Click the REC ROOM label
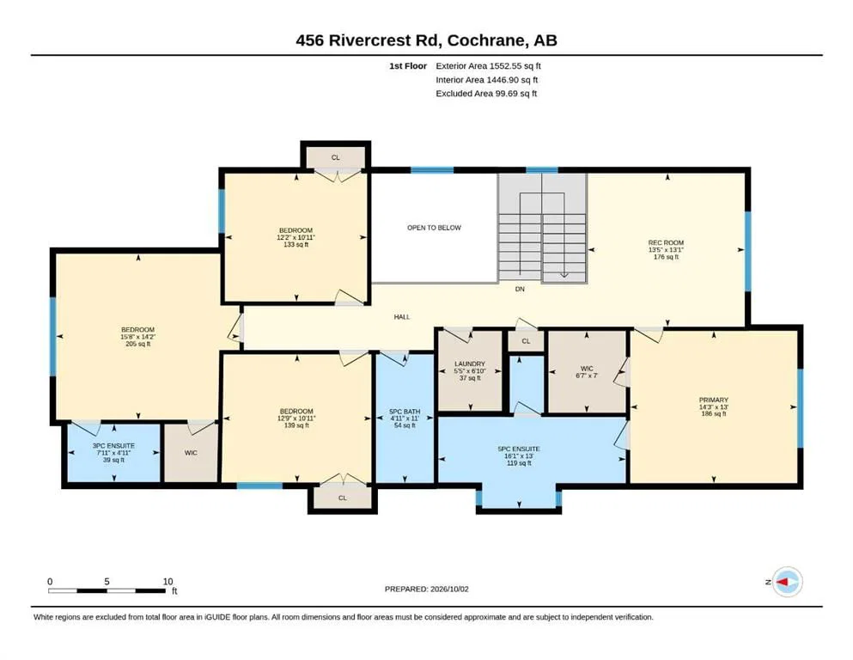click(666, 242)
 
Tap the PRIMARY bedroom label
click(714, 400)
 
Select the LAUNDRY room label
click(470, 364)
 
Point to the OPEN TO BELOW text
click(434, 228)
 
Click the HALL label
click(402, 316)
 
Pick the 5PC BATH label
click(405, 412)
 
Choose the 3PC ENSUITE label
click(113, 446)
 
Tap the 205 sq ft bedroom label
click(138, 330)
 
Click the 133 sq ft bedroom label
click(296, 230)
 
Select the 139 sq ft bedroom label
click(296, 412)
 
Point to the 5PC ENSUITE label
click(519, 449)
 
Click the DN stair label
click(520, 289)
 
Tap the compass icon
click(787, 582)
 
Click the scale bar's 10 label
click(168, 582)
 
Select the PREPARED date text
click(426, 589)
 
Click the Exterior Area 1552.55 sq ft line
click(489, 66)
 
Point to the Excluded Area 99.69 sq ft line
click(486, 94)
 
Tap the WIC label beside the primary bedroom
click(587, 369)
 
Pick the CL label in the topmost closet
click(336, 158)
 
